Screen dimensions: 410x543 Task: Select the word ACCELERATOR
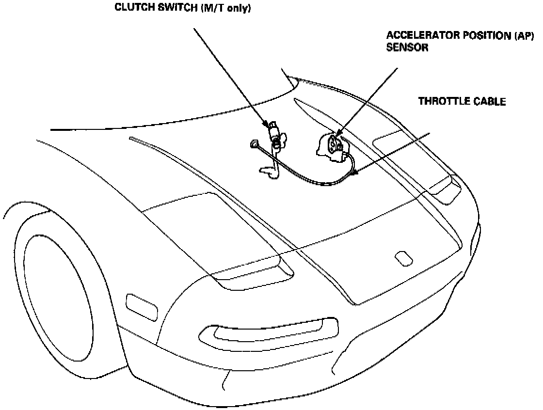[419, 36]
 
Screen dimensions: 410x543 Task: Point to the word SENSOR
[407, 48]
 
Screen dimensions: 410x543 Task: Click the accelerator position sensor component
[332, 145]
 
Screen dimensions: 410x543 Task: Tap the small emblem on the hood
[402, 258]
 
